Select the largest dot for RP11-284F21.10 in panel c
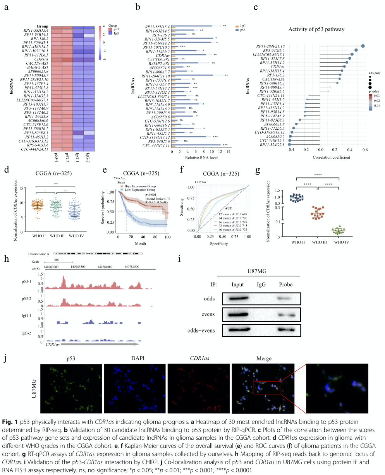coord(363,46)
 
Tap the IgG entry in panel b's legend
coord(242,26)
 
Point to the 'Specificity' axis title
coord(221,244)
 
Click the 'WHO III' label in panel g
coord(318,242)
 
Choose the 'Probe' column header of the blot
coord(285,285)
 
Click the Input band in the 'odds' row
coord(237,298)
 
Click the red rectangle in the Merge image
coord(267,387)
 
